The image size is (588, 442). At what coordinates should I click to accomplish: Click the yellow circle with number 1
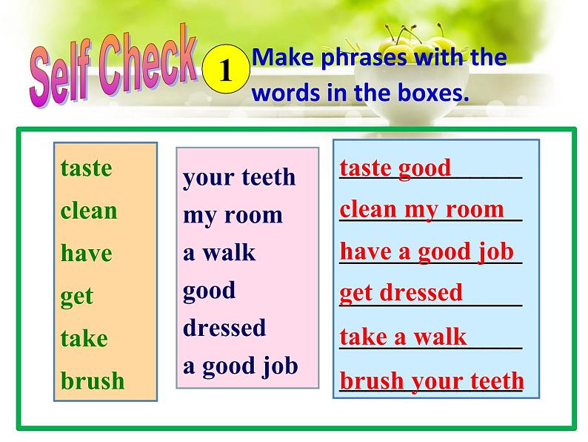[x=226, y=69]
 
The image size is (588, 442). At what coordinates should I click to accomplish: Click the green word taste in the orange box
[x=86, y=168]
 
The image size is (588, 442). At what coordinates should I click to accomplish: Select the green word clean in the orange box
[x=89, y=211]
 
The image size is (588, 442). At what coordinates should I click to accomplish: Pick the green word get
[x=77, y=297]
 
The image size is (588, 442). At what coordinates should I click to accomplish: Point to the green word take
[x=84, y=338]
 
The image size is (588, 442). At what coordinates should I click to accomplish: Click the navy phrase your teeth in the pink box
[x=239, y=177]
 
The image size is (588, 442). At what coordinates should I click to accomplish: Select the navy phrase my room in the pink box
[x=233, y=216]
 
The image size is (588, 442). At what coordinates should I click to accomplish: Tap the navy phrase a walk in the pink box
[x=219, y=252]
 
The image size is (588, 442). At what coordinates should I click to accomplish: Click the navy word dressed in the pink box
[x=224, y=327]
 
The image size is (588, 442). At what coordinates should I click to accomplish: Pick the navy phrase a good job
[x=241, y=366]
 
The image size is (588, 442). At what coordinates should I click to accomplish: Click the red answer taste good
[x=395, y=168]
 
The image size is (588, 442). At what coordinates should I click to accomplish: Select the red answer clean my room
[x=422, y=210]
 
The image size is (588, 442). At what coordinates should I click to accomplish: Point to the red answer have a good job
[x=427, y=251]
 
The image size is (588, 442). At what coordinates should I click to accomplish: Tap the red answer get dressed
[x=401, y=293]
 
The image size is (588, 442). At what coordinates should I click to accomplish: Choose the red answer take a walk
[x=403, y=336]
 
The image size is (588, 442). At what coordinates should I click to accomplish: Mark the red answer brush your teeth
[x=432, y=380]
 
